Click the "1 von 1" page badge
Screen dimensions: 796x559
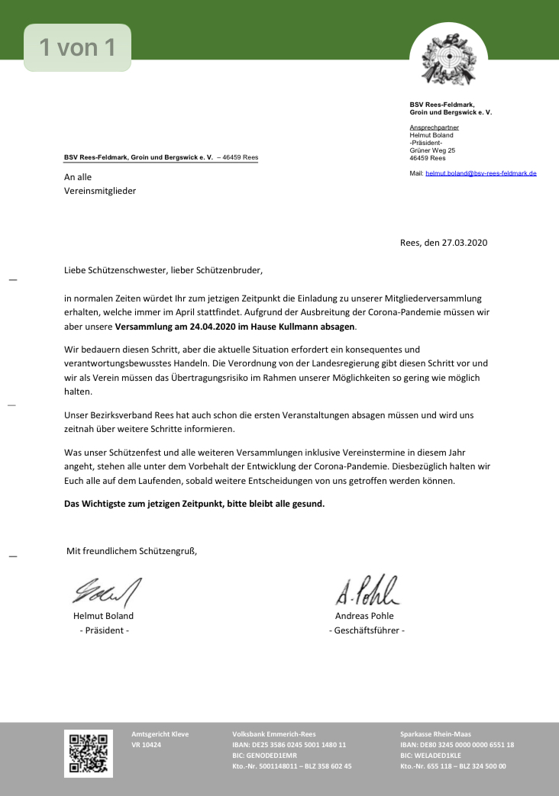(77, 48)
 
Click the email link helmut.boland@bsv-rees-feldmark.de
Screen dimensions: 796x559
(480, 173)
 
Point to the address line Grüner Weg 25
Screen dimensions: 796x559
(432, 150)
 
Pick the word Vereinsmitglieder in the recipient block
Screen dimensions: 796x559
(99, 191)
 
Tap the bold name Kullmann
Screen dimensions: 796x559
(299, 327)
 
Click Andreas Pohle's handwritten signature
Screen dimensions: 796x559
(366, 588)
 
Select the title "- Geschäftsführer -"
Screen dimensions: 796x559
(367, 630)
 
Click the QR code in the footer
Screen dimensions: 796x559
(88, 753)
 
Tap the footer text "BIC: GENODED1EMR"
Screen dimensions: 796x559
(265, 755)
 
